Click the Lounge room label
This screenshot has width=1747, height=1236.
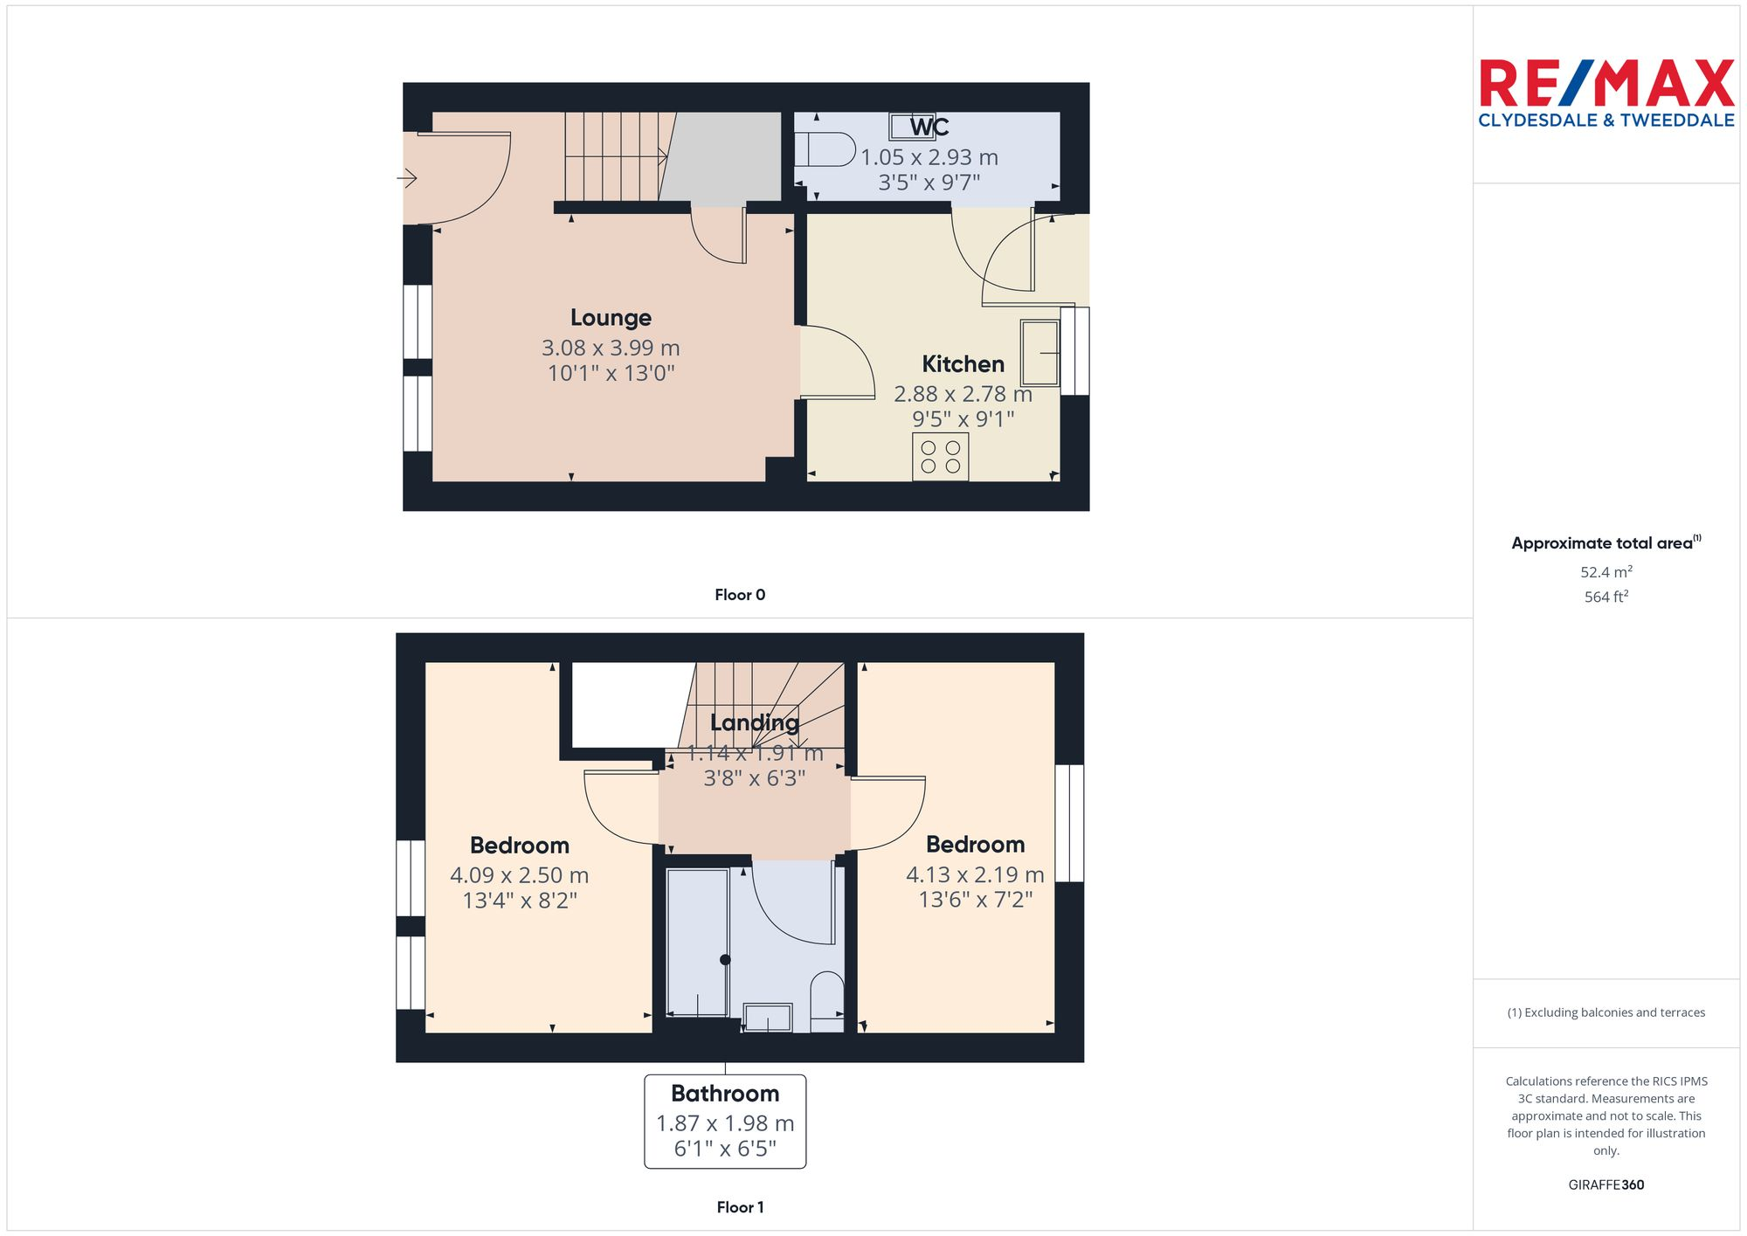611,318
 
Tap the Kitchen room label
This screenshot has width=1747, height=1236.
963,364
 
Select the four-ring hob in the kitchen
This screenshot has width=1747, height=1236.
940,457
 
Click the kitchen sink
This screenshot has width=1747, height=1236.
1039,353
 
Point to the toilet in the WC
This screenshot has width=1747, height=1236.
825,149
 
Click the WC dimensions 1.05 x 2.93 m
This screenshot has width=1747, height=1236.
929,158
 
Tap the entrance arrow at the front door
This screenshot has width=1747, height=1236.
407,179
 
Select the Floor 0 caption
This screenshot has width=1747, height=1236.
739,595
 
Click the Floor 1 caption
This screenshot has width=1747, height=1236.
739,1207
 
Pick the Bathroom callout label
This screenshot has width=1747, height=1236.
725,1094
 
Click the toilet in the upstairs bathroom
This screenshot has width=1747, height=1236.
826,1001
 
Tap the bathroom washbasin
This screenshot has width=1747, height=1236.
768,1018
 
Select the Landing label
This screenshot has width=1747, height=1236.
754,722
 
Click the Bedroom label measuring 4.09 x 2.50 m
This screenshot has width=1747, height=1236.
519,846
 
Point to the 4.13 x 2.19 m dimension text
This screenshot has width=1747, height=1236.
975,874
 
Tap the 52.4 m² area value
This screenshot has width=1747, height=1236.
1605,572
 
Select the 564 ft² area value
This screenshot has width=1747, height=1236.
1605,597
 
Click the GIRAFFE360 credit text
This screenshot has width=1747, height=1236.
1605,1185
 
